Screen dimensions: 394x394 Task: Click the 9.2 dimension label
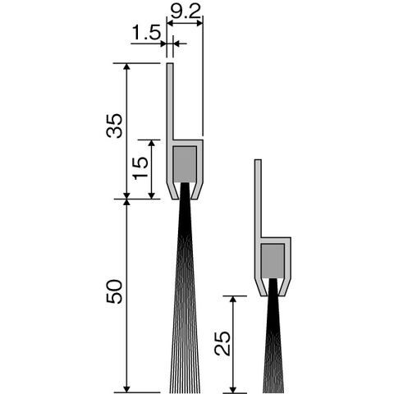[186, 11]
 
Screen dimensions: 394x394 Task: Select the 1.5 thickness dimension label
[146, 32]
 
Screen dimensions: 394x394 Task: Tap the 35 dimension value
[114, 126]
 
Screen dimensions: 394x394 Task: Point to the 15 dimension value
[140, 168]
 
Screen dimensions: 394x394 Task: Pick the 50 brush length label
[114, 291]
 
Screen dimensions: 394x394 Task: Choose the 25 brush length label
[222, 343]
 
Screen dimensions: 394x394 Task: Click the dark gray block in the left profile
[186, 164]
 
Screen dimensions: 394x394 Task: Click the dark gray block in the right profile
[273, 261]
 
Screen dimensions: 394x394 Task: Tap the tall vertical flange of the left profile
[170, 101]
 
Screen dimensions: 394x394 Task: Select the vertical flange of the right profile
[258, 198]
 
